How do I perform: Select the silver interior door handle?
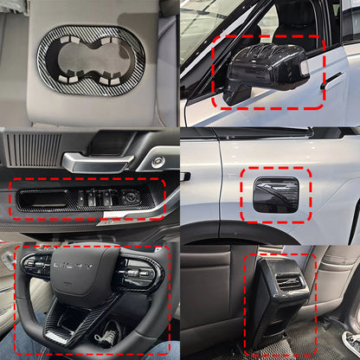click(x=95, y=161)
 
